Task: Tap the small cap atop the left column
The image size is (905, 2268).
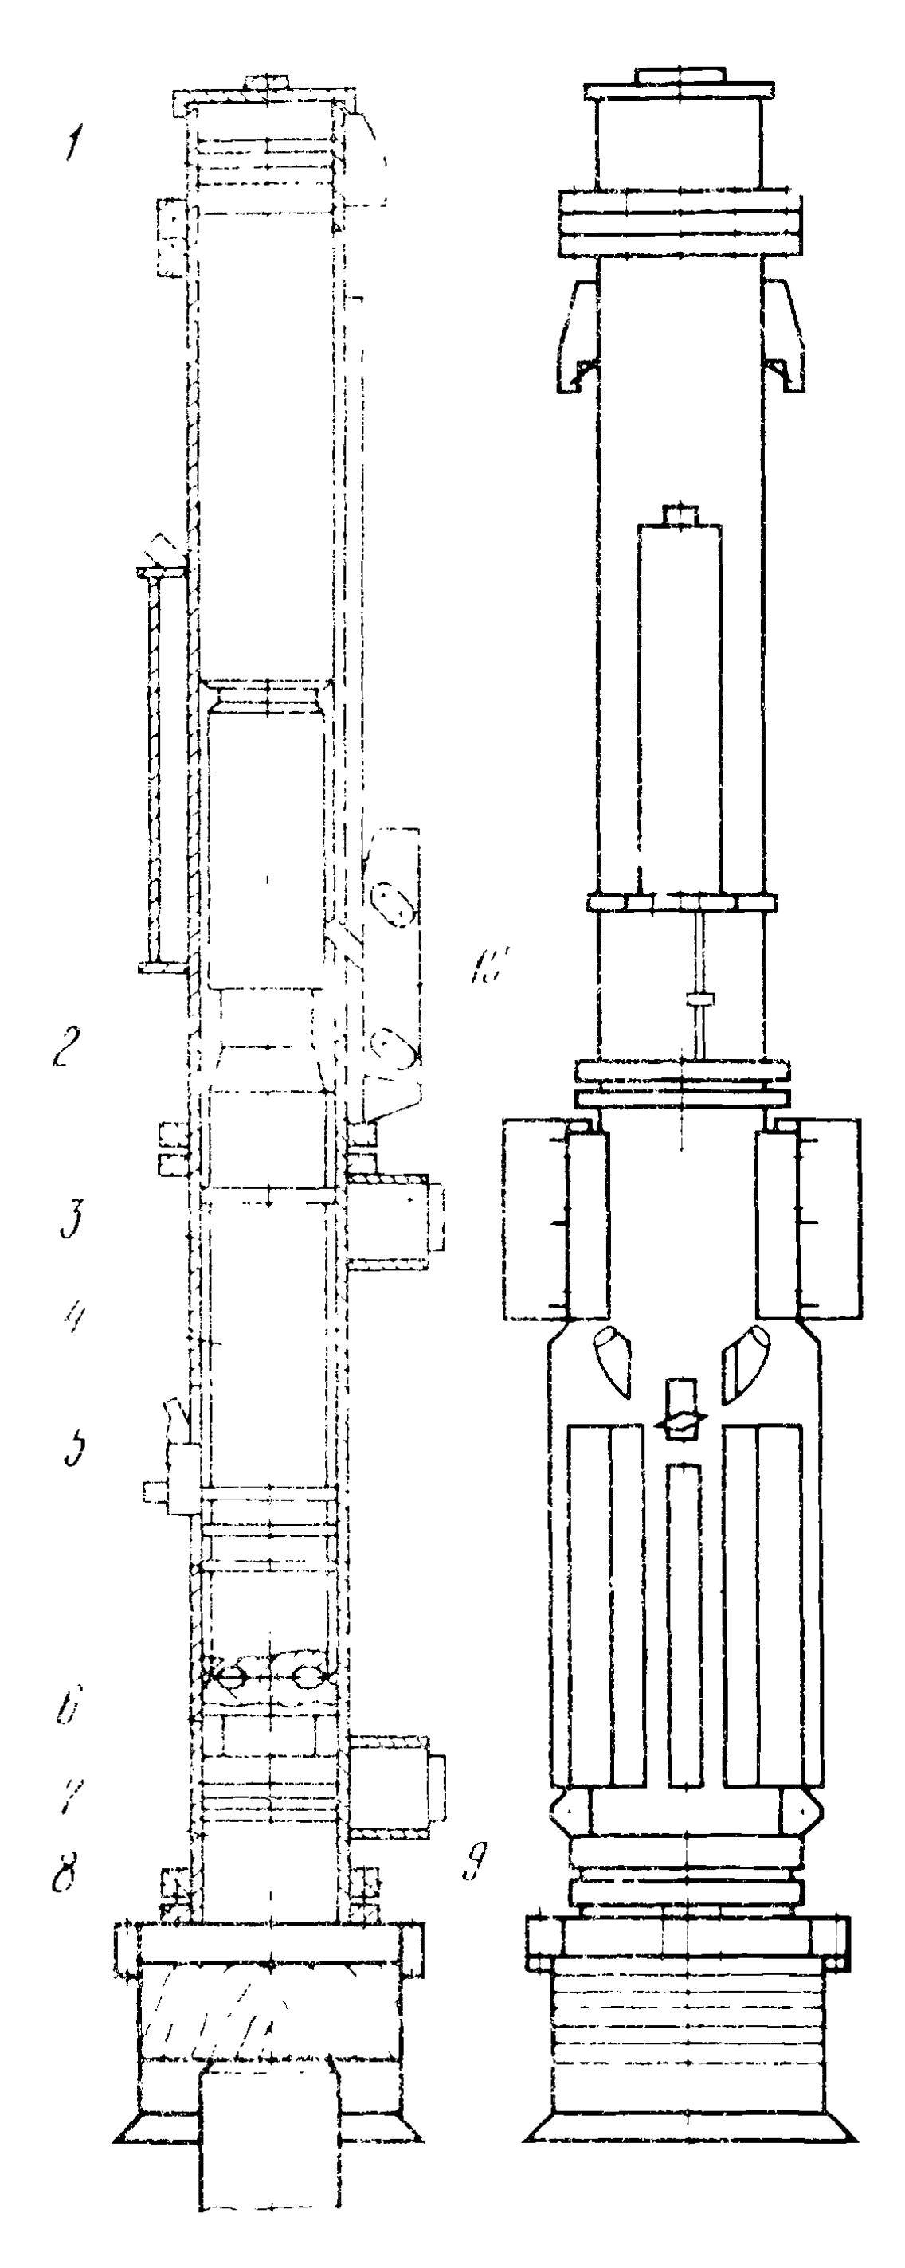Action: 268,83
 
